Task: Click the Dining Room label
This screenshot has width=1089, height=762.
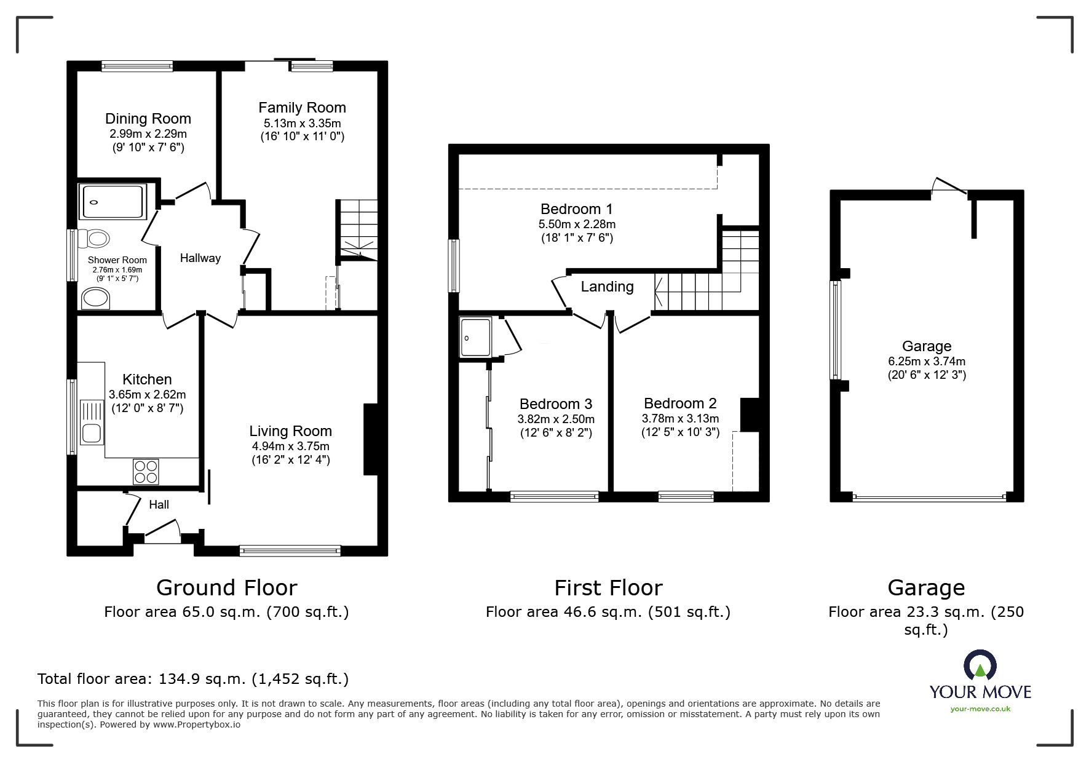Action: [x=148, y=119]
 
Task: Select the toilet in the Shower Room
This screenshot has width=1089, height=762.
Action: [x=96, y=237]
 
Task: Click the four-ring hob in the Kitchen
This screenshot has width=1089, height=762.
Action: [x=146, y=472]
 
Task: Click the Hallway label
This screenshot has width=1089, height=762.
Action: [x=200, y=258]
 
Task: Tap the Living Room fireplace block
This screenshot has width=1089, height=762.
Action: [x=370, y=439]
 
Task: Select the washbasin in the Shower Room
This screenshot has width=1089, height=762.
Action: [x=95, y=300]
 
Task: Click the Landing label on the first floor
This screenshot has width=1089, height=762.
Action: [x=607, y=287]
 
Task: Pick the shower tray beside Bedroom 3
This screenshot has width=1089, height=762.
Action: [x=475, y=337]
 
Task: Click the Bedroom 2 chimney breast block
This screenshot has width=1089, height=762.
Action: [x=750, y=415]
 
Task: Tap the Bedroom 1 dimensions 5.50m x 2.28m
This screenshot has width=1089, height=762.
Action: [x=577, y=224]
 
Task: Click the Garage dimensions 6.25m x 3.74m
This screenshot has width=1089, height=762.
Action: [x=926, y=362]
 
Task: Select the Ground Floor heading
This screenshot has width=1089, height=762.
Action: [x=226, y=588]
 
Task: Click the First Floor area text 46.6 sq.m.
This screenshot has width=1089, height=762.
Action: [x=608, y=612]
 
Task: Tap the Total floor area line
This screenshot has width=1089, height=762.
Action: [x=193, y=679]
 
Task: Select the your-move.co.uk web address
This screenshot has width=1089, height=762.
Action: [x=980, y=709]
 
